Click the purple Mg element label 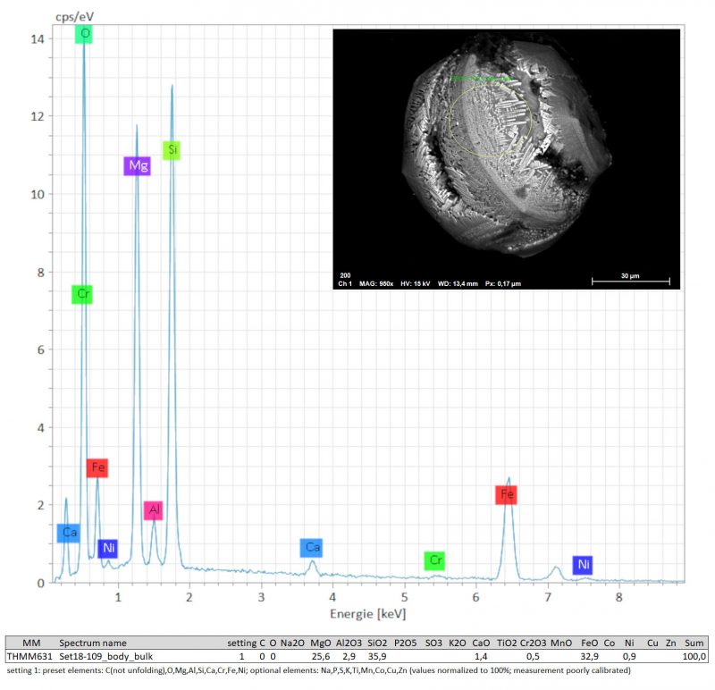point(137,166)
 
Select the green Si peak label point(172,150)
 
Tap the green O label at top point(85,34)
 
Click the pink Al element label point(154,510)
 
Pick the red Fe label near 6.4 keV point(508,494)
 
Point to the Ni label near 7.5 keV point(583,564)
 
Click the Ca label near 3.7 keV point(311,547)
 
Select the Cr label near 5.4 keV point(434,560)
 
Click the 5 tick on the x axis point(404,597)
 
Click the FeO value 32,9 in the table point(588,656)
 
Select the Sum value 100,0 point(693,656)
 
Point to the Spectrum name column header point(93,643)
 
